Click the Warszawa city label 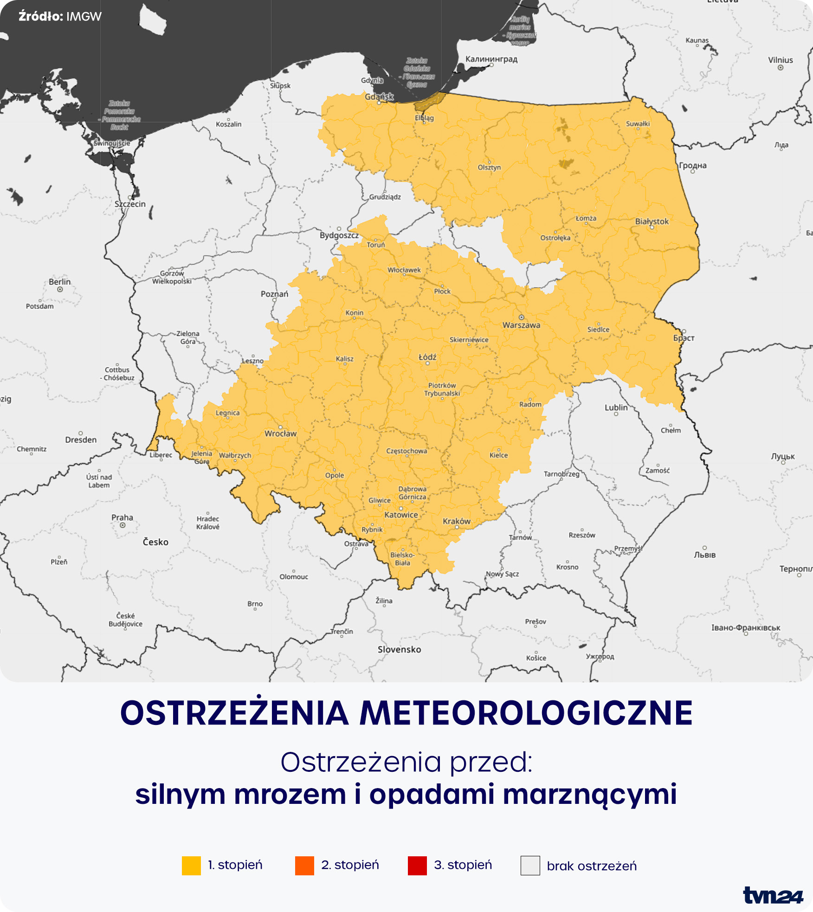[521, 325]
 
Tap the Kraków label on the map [457, 521]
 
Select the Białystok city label [652, 221]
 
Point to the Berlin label [60, 282]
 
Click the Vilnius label [781, 60]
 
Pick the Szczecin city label [130, 204]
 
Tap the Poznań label [274, 294]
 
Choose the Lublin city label [616, 407]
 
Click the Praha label [122, 517]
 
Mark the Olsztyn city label [489, 168]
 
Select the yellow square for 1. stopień [191, 866]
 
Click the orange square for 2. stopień [304, 866]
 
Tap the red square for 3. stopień [417, 866]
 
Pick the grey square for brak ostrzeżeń [530, 866]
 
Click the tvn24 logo [773, 895]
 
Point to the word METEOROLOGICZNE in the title [526, 714]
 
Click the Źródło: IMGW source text [60, 16]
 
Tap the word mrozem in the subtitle [290, 794]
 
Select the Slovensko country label [399, 649]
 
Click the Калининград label [491, 59]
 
